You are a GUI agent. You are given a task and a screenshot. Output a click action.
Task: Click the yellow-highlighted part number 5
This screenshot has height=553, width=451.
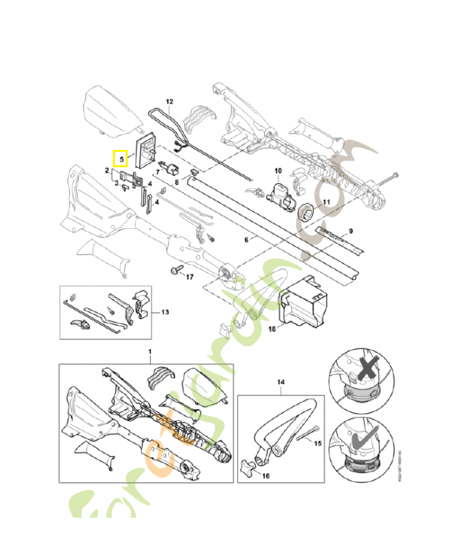pos(121,159)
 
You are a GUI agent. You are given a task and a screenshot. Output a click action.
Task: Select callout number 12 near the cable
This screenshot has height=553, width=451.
pos(169,102)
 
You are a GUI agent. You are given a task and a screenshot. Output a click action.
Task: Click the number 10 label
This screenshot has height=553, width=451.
pos(278,170)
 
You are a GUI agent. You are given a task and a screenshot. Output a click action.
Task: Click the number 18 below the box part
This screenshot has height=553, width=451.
pos(272,329)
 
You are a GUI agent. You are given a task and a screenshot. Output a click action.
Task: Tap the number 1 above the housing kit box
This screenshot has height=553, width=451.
pos(149,353)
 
